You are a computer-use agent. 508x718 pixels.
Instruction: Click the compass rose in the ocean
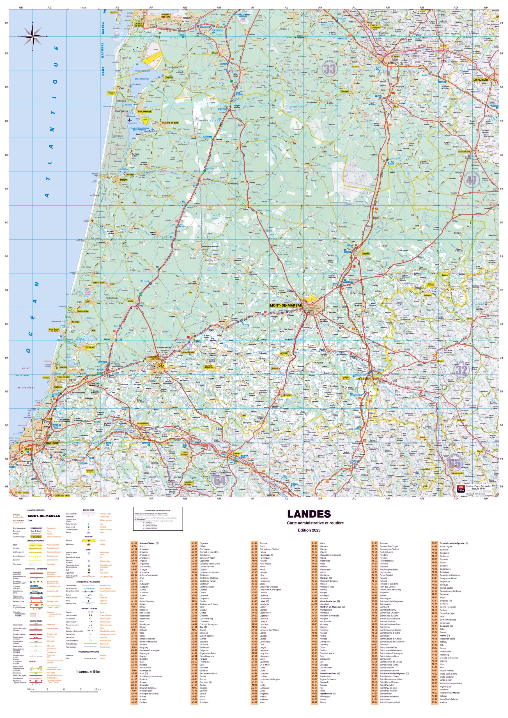tap(33, 36)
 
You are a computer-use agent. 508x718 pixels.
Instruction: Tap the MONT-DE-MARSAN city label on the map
tap(286, 305)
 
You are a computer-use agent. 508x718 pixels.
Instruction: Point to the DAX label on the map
tap(161, 365)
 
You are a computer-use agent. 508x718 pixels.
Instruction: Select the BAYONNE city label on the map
tap(52, 443)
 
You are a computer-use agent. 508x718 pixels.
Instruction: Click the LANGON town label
tap(393, 63)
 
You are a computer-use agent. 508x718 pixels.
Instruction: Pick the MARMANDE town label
tap(481, 80)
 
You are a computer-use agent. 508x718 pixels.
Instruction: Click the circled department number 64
tap(220, 480)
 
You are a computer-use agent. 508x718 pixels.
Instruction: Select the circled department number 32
tap(461, 370)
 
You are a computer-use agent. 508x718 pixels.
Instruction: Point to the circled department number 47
tap(472, 180)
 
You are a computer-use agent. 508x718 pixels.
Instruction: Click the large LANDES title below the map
tap(309, 514)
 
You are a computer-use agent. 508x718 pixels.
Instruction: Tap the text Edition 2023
tap(309, 530)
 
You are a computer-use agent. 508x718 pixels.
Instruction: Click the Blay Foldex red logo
tap(460, 489)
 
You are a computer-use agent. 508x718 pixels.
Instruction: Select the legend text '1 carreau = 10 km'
tap(88, 671)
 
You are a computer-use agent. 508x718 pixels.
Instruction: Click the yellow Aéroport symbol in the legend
tap(89, 540)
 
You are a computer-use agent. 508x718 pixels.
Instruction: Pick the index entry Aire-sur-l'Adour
tap(149, 543)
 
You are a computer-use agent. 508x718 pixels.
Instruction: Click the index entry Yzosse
tap(443, 702)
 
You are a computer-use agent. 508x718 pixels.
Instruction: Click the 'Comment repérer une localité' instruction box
tap(158, 519)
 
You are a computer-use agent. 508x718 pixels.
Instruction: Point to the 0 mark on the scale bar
tap(64, 689)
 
